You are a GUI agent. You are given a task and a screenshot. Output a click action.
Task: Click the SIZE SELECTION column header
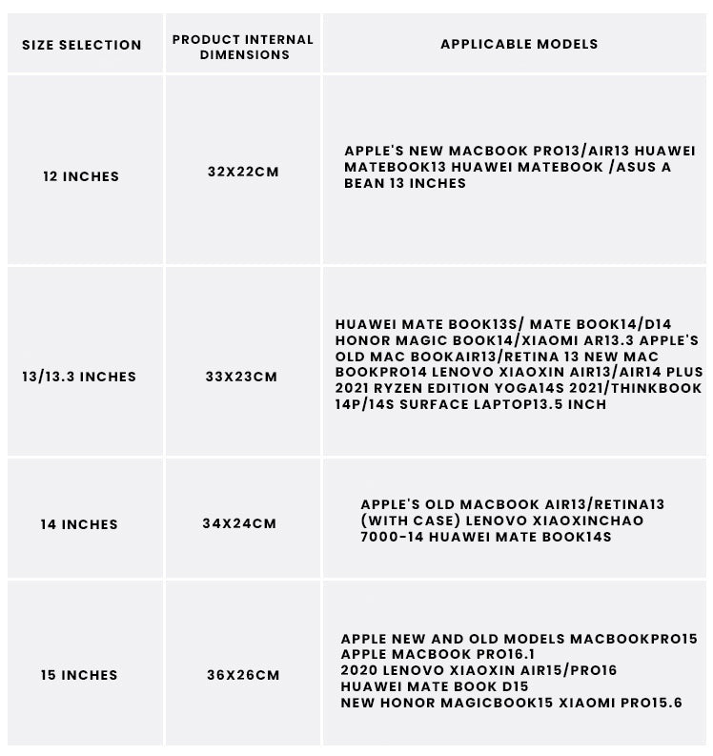point(81,45)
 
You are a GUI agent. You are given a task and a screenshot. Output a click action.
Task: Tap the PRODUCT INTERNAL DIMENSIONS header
point(242,47)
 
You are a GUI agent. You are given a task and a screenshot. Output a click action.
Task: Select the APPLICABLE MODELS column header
point(519,44)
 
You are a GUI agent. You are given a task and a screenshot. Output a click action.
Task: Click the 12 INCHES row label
point(81,176)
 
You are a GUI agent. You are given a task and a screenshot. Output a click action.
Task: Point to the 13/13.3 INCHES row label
point(79,377)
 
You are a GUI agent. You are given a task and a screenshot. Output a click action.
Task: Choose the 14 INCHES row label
point(79,524)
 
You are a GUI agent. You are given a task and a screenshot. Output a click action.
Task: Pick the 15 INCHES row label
point(79,675)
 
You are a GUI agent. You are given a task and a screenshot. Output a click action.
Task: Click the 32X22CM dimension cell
point(243,173)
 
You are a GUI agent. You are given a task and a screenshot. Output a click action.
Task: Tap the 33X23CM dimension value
point(241,377)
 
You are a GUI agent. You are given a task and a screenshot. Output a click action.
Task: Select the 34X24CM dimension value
point(240,523)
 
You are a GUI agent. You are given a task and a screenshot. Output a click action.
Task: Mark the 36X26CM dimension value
point(243,675)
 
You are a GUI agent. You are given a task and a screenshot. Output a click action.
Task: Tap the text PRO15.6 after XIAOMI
point(648,703)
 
